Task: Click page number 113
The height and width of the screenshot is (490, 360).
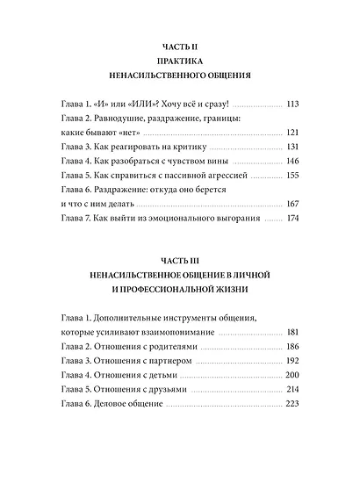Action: [x=293, y=103]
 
